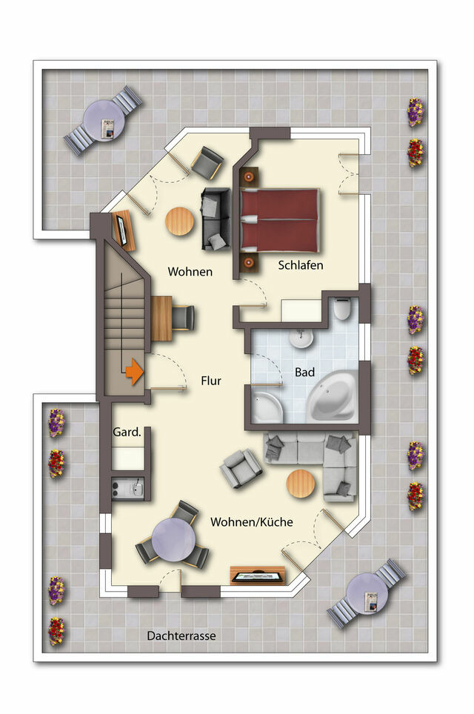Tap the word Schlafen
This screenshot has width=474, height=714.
click(x=301, y=264)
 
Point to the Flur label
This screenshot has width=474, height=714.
click(x=211, y=381)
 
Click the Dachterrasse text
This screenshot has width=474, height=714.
click(x=181, y=635)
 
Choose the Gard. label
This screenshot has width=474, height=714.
click(x=127, y=432)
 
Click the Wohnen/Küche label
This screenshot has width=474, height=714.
click(x=252, y=522)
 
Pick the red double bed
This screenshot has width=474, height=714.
click(x=280, y=220)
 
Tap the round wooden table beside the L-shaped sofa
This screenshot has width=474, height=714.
click(x=301, y=484)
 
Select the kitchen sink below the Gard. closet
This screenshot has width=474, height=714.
click(x=127, y=488)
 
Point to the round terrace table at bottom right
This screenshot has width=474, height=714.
click(x=367, y=593)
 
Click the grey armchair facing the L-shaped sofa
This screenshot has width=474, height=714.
click(x=241, y=469)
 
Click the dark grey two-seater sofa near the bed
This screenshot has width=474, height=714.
click(x=216, y=219)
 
